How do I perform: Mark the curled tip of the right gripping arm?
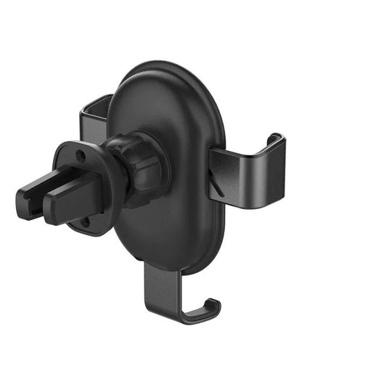[274, 140]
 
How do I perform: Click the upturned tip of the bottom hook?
[215, 305]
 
